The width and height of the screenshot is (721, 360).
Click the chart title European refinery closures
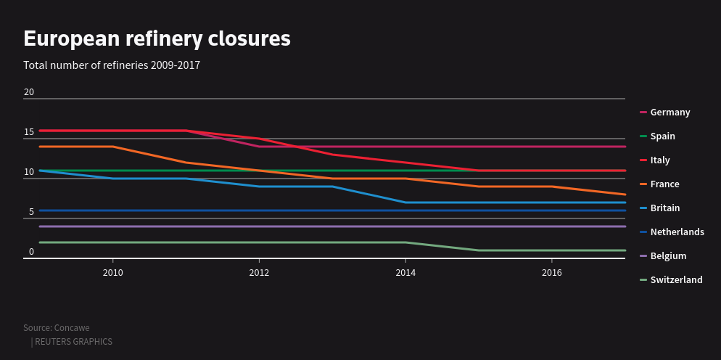157,38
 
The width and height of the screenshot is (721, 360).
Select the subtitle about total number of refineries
112,65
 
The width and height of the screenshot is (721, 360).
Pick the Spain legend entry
662,136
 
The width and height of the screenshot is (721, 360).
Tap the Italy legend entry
659,160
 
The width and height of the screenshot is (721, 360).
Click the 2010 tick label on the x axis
112,273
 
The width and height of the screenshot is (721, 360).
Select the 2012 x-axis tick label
259,273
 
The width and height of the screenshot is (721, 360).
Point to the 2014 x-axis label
405,273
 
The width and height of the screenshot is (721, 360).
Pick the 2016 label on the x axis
552,273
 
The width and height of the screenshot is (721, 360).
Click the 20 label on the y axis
29,92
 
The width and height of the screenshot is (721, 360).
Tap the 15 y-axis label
29,132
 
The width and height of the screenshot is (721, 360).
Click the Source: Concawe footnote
57,328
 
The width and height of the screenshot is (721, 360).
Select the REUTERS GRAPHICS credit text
73,342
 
